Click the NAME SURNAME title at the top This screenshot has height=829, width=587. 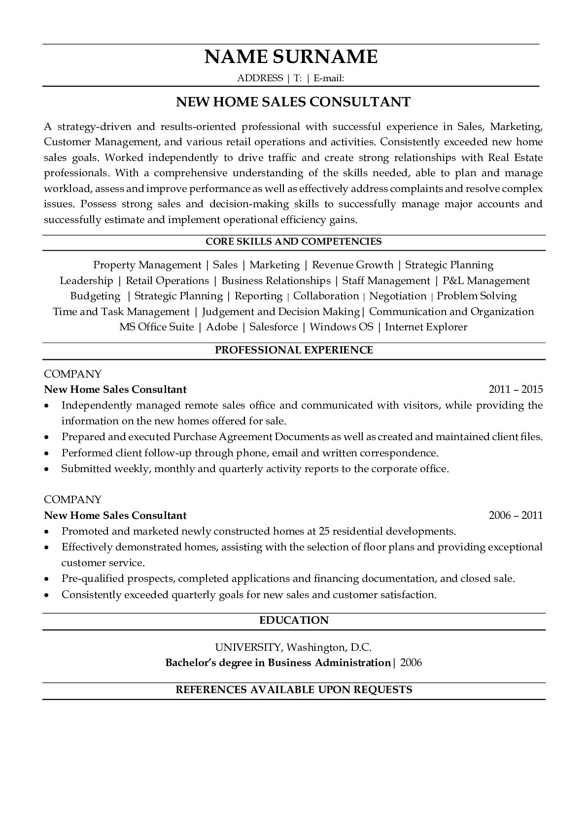pos(291,57)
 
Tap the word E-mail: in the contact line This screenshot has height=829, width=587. pos(328,78)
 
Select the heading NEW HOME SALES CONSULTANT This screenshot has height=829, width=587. pos(293,102)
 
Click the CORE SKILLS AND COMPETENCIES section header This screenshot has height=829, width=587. pos(293,242)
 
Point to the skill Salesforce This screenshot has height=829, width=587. pos(274,327)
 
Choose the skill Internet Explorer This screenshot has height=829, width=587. pos(426,327)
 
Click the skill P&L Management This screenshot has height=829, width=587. pos(486,281)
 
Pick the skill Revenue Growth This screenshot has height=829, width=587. pos(352,265)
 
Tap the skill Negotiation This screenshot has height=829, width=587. pos(398,296)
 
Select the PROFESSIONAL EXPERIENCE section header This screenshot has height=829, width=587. pos(294,350)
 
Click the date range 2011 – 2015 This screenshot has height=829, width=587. pos(516,389)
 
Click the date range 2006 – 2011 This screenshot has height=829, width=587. pos(516,515)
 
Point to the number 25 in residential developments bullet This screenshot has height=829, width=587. pos(324,531)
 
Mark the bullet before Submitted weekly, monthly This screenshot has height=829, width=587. pos(46,469)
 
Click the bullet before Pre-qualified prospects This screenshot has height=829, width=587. pos(46,579)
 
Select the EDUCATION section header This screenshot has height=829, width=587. pos(294,620)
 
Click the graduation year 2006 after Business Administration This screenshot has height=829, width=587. pos(411,663)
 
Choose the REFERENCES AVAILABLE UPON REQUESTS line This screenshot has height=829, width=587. pos(294,690)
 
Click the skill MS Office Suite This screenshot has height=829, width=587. pos(156,327)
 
